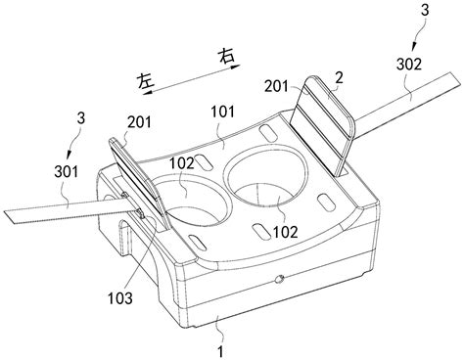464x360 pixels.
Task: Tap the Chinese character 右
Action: [x=226, y=57]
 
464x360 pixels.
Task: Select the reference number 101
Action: [x=223, y=112]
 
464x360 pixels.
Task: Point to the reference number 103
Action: [x=120, y=298]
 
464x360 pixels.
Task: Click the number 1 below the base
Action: [x=221, y=352]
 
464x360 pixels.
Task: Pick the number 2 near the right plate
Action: [x=340, y=78]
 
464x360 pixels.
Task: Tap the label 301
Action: [x=67, y=171]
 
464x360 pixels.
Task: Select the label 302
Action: [x=409, y=65]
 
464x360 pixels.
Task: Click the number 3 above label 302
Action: [x=425, y=11]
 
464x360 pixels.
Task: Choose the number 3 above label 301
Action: [x=81, y=118]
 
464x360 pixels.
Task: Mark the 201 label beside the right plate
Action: [x=276, y=87]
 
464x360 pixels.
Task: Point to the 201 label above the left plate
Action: [x=140, y=122]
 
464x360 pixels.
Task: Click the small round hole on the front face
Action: [x=280, y=279]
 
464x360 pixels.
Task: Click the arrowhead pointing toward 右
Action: [x=236, y=67]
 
